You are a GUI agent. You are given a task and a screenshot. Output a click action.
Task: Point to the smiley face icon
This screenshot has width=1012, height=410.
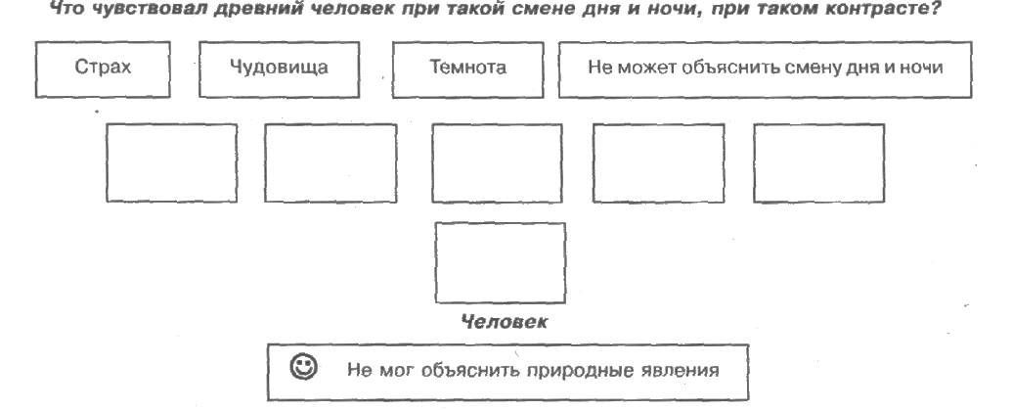[303, 367]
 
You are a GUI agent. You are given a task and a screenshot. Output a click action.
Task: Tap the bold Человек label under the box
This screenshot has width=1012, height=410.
[504, 322]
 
